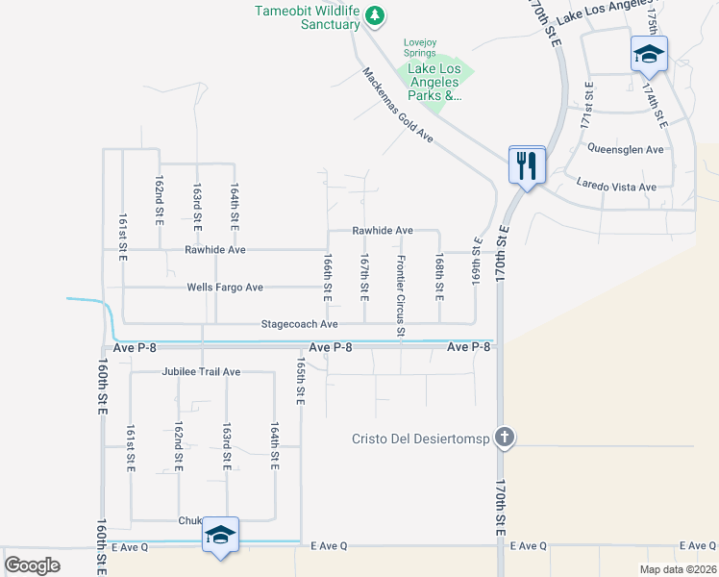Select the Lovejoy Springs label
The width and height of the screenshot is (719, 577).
pyautogui.click(x=419, y=47)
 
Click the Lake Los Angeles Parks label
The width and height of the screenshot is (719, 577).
pyautogui.click(x=434, y=82)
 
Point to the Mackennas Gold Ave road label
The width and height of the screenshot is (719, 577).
pyautogui.click(x=398, y=105)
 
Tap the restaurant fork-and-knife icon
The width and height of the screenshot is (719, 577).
pyautogui.click(x=527, y=165)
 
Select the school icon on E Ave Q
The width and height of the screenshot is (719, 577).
pyautogui.click(x=220, y=536)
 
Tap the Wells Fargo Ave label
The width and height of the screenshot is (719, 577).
pyautogui.click(x=224, y=288)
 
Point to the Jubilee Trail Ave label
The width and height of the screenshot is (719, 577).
pyautogui.click(x=201, y=371)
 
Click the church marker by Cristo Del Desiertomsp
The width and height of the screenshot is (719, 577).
pyautogui.click(x=503, y=439)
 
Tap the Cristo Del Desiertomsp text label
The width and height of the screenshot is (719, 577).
pyautogui.click(x=419, y=439)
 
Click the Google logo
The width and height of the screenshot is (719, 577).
pyautogui.click(x=32, y=565)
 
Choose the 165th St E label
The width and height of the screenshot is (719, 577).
pyautogui.click(x=301, y=383)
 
